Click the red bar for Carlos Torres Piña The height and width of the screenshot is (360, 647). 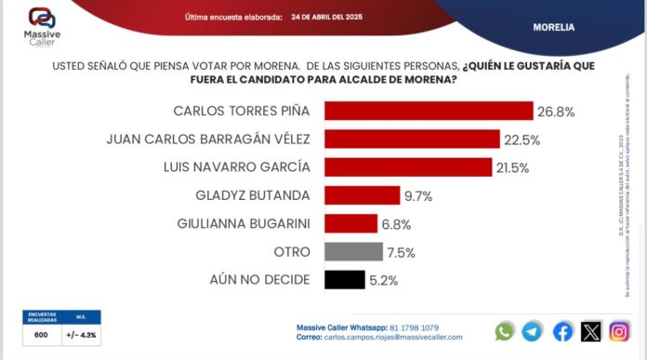click(428, 111)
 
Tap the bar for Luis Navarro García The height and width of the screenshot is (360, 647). click(407, 167)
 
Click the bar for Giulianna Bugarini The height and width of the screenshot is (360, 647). click(350, 223)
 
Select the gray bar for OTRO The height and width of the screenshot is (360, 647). click(353, 251)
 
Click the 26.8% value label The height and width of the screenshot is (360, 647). click(555, 112)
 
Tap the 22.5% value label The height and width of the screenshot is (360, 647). click(522, 140)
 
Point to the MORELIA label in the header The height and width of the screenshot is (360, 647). click(553, 27)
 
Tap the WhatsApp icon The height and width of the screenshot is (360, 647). click(505, 331)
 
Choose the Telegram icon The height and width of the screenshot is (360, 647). click(533, 331)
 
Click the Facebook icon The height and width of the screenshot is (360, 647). click(562, 331)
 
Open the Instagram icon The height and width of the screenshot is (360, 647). click(620, 331)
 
